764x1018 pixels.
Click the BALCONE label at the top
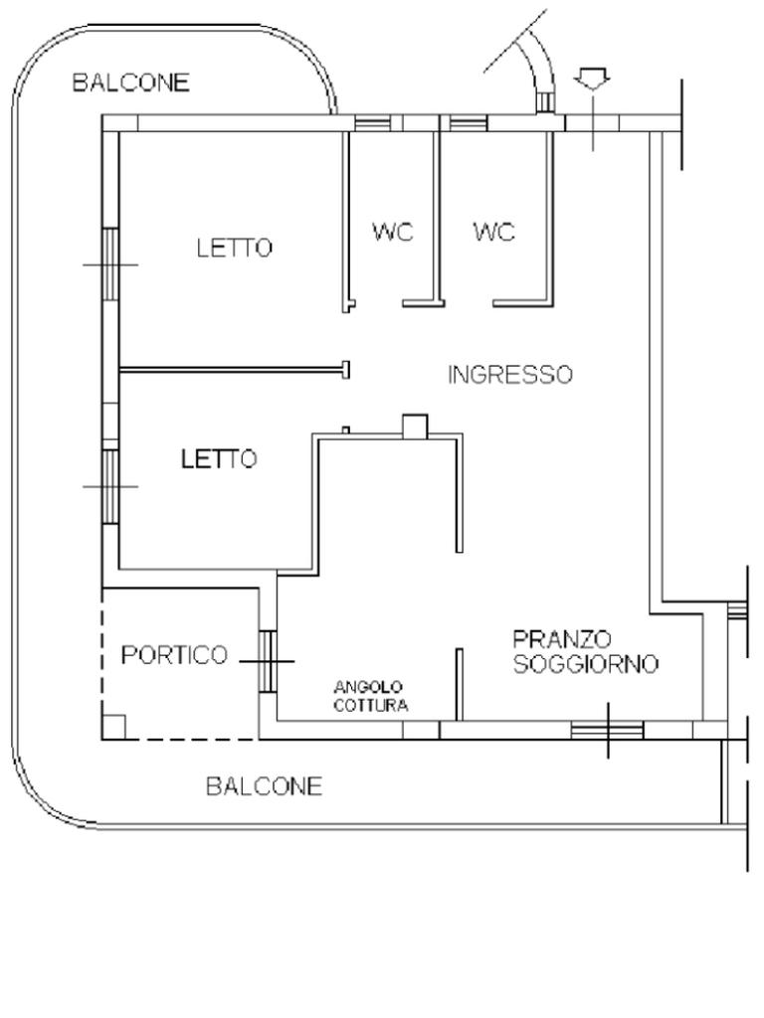click(130, 83)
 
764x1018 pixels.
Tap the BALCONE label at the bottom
click(264, 786)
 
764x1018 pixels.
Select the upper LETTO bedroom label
click(235, 248)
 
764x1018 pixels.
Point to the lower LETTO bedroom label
click(219, 459)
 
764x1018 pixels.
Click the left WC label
click(393, 232)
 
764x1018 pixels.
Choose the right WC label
click(493, 232)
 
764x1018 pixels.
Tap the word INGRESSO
click(510, 375)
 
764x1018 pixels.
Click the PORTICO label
click(175, 655)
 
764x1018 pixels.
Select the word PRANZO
click(563, 639)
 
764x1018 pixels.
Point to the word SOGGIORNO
click(586, 664)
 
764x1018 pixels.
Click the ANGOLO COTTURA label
click(370, 697)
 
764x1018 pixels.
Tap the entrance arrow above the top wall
click(592, 80)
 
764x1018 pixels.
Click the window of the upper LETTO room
click(111, 263)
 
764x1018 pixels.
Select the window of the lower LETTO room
click(111, 486)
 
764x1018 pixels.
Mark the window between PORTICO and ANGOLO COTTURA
click(268, 661)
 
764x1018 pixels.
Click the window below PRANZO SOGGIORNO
click(608, 731)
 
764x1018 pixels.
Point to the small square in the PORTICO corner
click(114, 727)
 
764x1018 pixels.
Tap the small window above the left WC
click(372, 123)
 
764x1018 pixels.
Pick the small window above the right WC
click(470, 123)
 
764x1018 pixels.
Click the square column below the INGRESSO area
click(415, 425)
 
